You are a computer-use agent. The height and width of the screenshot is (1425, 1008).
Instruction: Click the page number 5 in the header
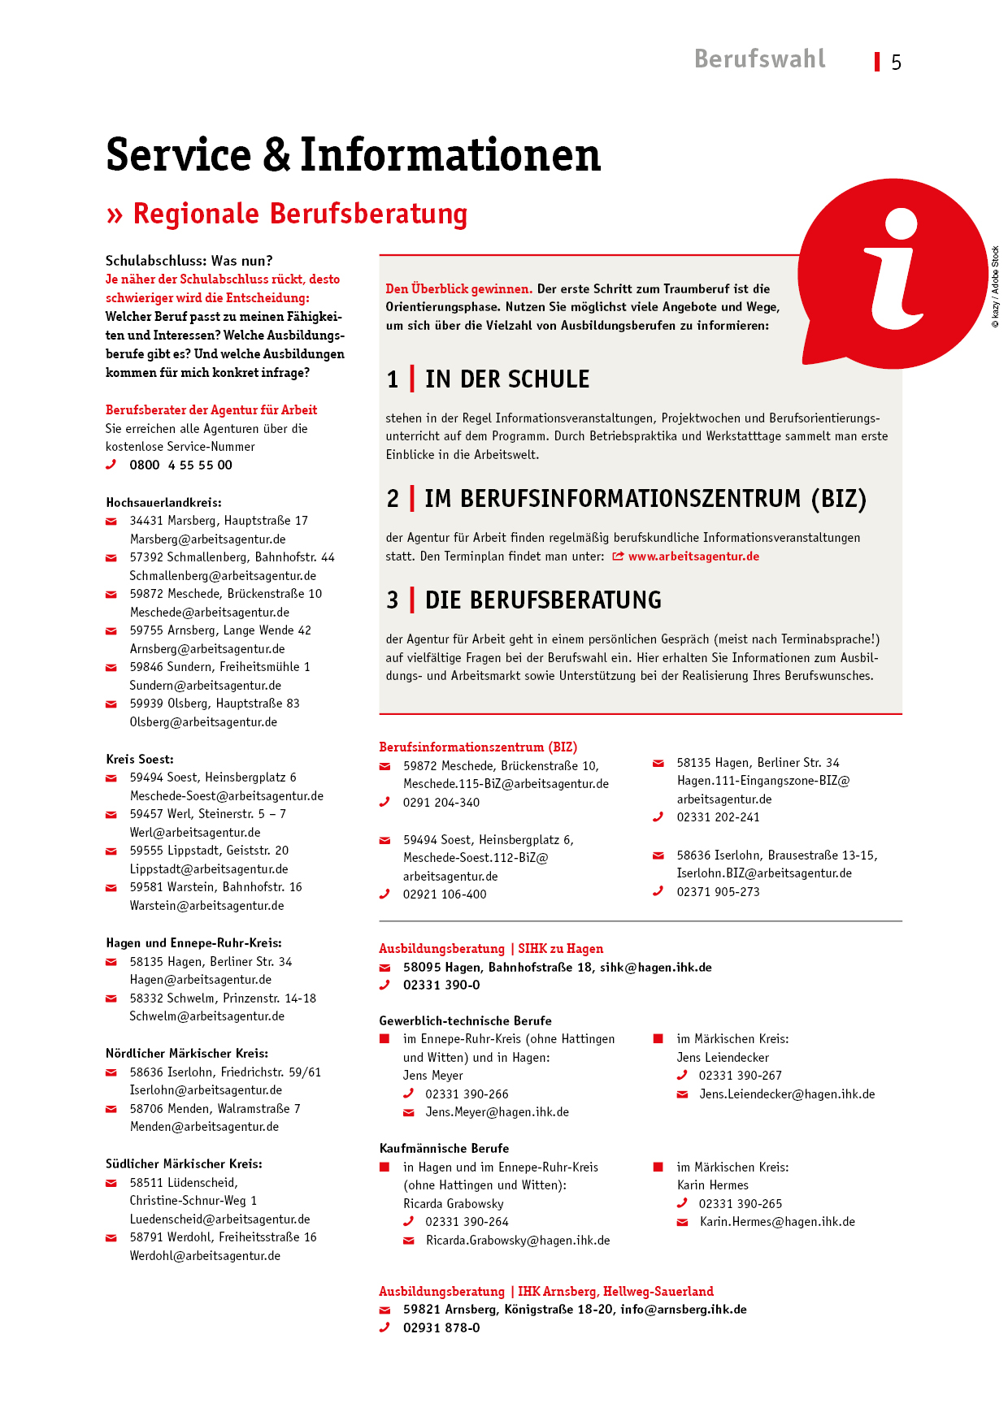tap(896, 63)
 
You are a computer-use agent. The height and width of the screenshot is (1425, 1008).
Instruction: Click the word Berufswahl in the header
tap(759, 59)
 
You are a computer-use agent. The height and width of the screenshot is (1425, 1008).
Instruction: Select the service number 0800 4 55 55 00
tap(180, 466)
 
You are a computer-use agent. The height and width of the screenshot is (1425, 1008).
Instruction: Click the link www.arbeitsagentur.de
tap(693, 557)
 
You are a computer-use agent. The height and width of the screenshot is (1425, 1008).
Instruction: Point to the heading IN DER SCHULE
tap(507, 379)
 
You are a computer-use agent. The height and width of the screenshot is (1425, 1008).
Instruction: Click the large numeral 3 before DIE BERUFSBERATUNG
tap(393, 600)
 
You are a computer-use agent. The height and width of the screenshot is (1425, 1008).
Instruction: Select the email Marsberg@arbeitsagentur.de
tap(207, 539)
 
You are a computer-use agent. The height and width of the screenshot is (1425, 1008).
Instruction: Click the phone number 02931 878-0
tap(441, 1328)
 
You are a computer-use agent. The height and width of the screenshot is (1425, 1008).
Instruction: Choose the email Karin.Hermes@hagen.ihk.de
tap(777, 1222)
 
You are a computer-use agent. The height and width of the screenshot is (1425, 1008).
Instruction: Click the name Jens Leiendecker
tap(723, 1058)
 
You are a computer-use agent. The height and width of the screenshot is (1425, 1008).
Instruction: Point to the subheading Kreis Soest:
tap(140, 760)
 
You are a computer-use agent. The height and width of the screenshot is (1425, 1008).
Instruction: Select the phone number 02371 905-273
tap(718, 892)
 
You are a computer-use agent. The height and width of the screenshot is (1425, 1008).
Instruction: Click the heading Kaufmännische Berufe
tap(444, 1149)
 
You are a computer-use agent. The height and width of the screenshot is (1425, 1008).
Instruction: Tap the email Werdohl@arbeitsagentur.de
tap(205, 1256)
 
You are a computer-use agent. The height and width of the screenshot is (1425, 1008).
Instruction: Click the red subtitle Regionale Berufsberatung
tap(300, 214)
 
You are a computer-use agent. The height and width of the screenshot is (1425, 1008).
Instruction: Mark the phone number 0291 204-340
tap(441, 803)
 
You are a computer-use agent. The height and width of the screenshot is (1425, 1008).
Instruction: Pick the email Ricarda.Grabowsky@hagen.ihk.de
tap(518, 1241)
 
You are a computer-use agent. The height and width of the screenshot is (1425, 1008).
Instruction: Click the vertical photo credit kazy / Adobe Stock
tap(995, 287)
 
